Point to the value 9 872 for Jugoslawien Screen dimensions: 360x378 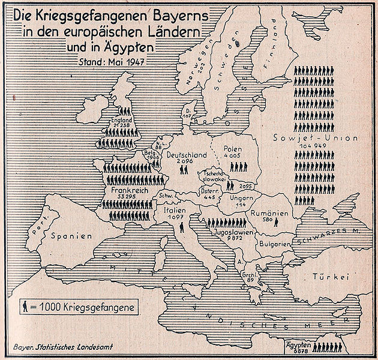[x=235, y=238]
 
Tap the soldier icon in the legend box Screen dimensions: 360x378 [x=25, y=307]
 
